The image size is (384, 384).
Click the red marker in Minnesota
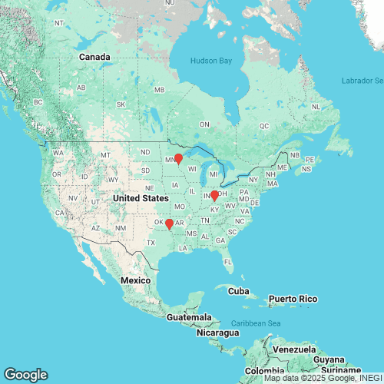coord(178,159)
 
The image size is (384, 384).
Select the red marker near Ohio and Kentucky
coord(214,195)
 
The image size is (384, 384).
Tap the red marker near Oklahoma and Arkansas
coord(169,223)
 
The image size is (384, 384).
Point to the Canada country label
coord(96,57)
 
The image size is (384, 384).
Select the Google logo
coord(25,375)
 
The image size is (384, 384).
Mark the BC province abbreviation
coord(38,102)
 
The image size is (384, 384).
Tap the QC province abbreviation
coord(264,125)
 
